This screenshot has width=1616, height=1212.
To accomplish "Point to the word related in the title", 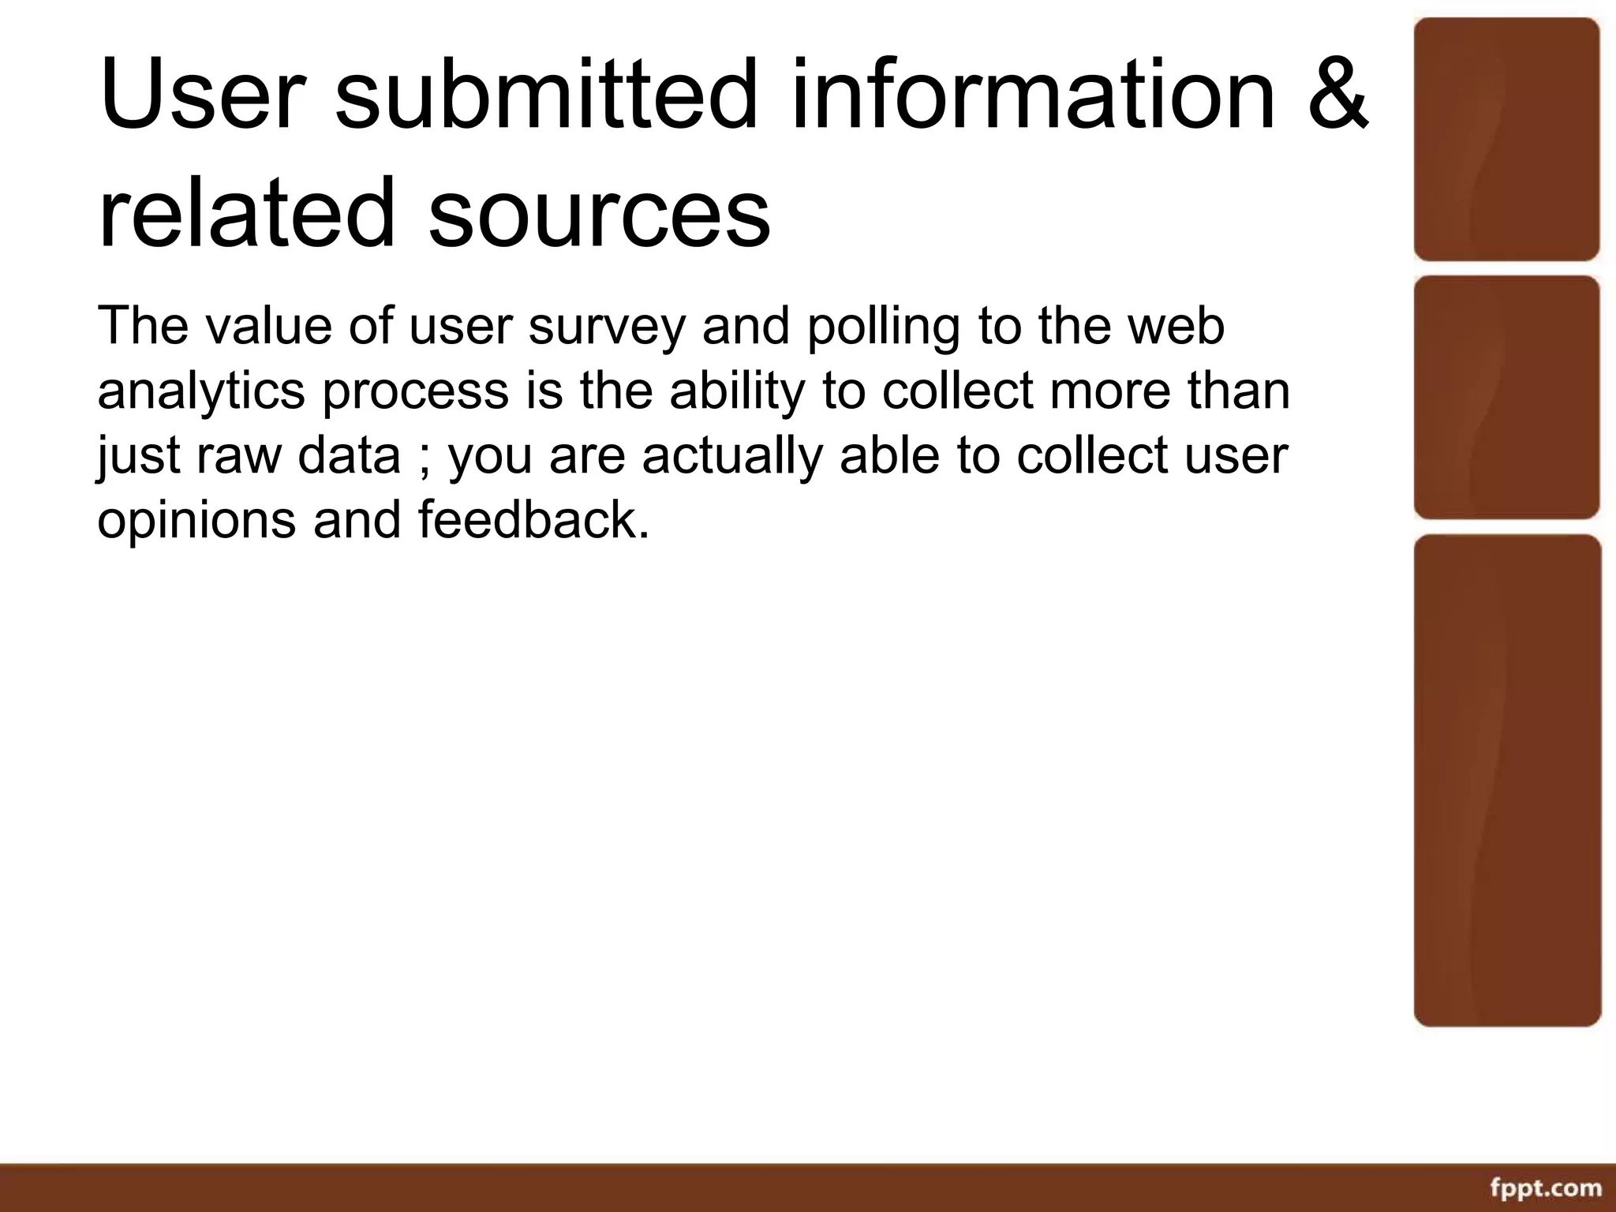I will [246, 211].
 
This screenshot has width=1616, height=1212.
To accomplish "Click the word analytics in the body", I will [200, 393].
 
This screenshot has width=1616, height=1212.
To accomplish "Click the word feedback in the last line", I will [533, 521].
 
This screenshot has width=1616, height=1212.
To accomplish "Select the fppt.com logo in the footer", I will [1546, 1187].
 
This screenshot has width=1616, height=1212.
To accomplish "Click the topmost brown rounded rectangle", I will [1506, 139].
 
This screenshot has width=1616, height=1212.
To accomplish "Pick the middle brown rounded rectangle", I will [1506, 397].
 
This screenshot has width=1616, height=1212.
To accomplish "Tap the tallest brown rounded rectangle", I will [1507, 780].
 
